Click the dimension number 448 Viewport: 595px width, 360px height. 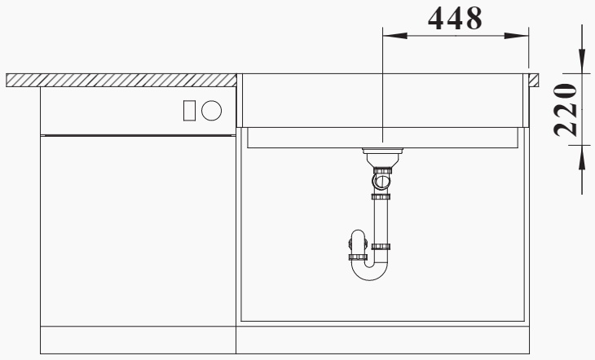coord(455,19)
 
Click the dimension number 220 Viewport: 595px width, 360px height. coord(566,110)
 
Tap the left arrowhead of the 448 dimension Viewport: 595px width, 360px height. coord(395,36)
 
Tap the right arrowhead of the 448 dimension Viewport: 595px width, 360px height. coord(516,36)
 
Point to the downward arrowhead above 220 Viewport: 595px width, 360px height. coord(582,61)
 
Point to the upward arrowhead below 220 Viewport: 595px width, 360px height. coord(582,157)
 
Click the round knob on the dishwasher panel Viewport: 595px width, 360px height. coord(211,111)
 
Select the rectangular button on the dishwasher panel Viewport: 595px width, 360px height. coord(189,111)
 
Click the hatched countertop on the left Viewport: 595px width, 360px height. coord(121,80)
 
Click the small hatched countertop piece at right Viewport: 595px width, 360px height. coord(534,80)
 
